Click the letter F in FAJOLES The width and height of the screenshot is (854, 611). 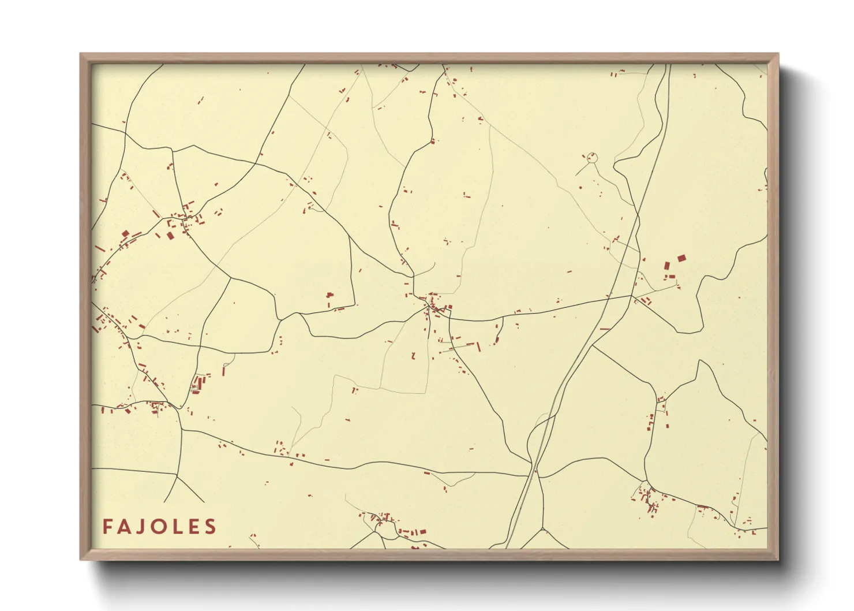[x=107, y=526]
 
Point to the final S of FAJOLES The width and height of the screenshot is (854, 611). [x=211, y=526]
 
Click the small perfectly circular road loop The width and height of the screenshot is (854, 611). [x=591, y=157]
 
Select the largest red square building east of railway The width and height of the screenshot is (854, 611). [x=681, y=258]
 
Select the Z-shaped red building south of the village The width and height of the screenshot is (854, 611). [x=413, y=355]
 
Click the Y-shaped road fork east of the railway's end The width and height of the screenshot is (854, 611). [x=542, y=528]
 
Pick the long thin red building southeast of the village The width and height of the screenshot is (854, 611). [x=478, y=347]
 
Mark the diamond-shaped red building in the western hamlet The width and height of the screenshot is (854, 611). [x=125, y=234]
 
